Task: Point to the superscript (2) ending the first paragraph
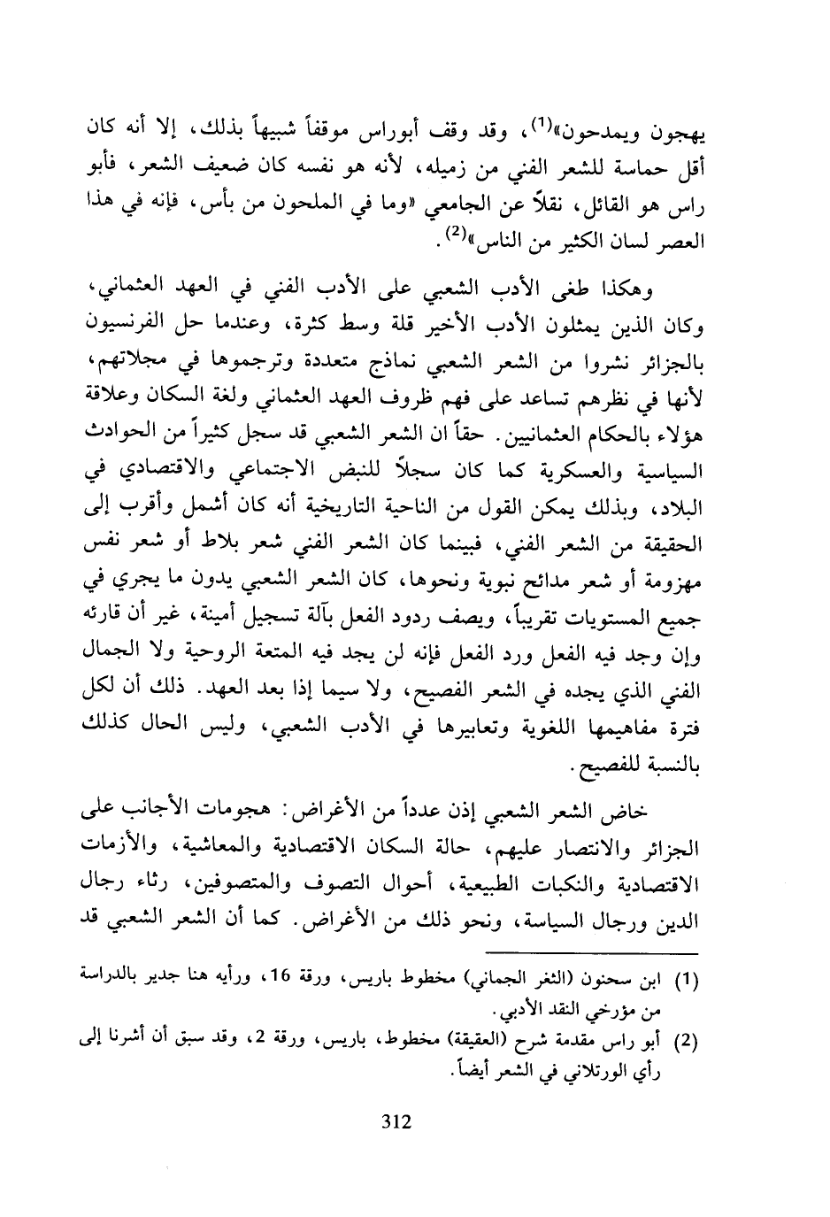(454, 209)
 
